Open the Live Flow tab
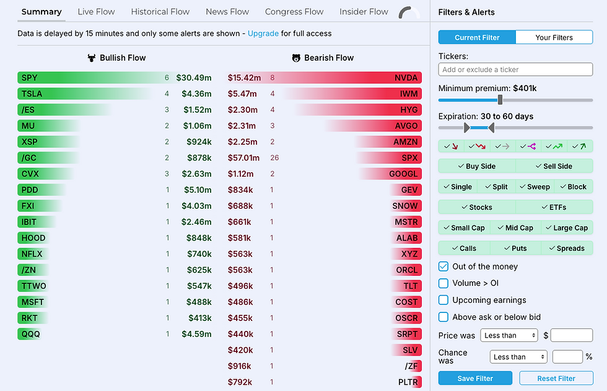point(96,12)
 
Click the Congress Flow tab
point(294,12)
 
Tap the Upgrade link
point(263,33)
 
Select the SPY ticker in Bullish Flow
point(29,77)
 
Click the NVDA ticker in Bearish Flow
point(406,77)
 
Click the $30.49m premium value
point(193,77)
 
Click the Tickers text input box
point(515,69)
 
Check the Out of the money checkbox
point(443,266)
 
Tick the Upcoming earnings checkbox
point(443,300)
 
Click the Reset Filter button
point(556,378)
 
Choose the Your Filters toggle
point(554,37)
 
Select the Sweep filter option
point(535,187)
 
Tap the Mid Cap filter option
point(515,227)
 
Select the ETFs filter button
point(554,207)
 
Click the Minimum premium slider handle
point(500,100)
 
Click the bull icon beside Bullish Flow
point(92,58)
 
